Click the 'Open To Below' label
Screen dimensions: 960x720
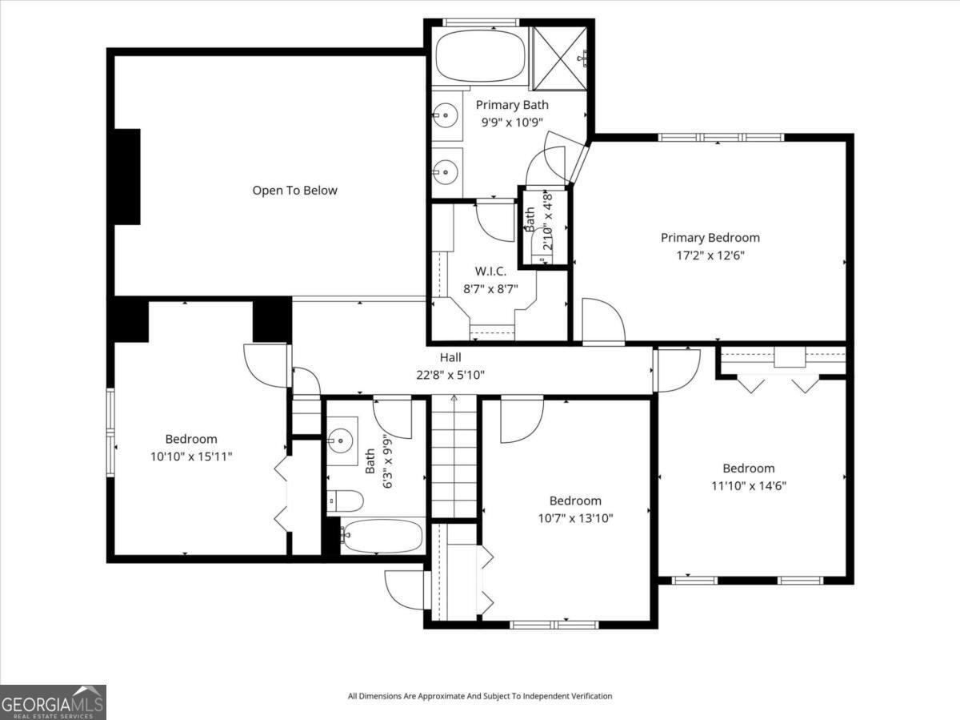294,191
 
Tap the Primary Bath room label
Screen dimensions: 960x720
512,105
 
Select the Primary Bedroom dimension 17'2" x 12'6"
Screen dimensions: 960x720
710,255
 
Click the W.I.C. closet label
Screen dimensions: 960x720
490,272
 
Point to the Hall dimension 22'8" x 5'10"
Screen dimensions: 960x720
450,375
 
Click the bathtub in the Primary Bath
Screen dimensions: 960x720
480,55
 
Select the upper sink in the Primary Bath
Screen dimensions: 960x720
446,115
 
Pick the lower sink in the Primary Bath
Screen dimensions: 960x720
446,172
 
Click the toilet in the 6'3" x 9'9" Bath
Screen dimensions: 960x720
345,501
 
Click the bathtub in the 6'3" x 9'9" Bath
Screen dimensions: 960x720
382,536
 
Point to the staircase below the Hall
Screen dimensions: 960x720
454,457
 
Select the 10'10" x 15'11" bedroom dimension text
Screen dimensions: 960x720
191,457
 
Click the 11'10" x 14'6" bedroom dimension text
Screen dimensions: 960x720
749,486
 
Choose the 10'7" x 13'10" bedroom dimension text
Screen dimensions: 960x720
575,519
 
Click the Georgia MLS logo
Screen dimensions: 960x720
53,702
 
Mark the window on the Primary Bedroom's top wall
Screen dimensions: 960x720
722,138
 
